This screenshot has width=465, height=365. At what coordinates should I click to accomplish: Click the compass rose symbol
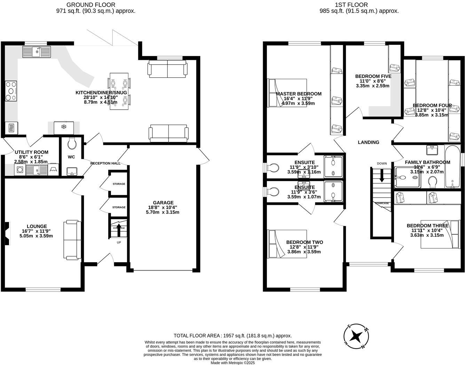click(356, 336)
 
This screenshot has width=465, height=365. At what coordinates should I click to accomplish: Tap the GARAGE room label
click(163, 203)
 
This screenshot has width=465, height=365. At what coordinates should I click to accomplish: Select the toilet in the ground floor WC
click(72, 143)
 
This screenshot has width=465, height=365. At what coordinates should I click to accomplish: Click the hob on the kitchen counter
click(11, 91)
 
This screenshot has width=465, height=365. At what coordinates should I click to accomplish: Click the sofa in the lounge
click(72, 240)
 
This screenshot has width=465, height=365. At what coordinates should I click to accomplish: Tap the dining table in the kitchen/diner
click(119, 91)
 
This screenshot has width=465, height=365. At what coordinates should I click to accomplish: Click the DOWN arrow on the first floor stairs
click(382, 175)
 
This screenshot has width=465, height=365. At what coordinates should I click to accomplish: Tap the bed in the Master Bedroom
click(287, 93)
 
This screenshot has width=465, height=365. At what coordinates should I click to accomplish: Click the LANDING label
click(368, 142)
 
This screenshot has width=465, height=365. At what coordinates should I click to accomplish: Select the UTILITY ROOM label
click(31, 152)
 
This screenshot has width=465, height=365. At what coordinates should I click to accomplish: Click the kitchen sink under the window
click(36, 52)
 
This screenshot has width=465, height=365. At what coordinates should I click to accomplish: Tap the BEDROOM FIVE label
click(373, 76)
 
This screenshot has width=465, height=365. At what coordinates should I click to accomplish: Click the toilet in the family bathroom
click(433, 181)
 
